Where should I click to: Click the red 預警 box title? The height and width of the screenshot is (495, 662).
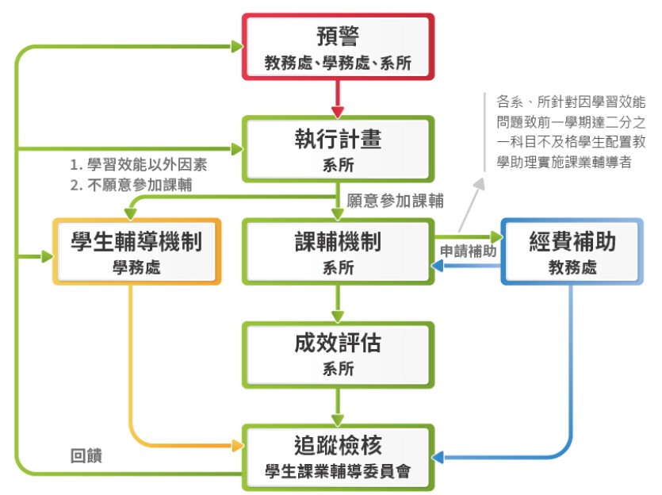[x=338, y=37]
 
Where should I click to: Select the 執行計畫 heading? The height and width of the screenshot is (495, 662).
[x=338, y=140]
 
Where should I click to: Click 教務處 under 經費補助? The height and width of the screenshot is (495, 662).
[x=572, y=268]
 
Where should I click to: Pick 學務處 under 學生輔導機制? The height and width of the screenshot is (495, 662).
[x=136, y=268]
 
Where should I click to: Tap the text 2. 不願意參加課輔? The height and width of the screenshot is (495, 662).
[x=131, y=185]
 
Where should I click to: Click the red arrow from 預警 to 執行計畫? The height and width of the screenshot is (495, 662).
[x=339, y=98]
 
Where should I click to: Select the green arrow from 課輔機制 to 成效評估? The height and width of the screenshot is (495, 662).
[x=339, y=301]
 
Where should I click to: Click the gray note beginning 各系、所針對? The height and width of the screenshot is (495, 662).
[x=570, y=132]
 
